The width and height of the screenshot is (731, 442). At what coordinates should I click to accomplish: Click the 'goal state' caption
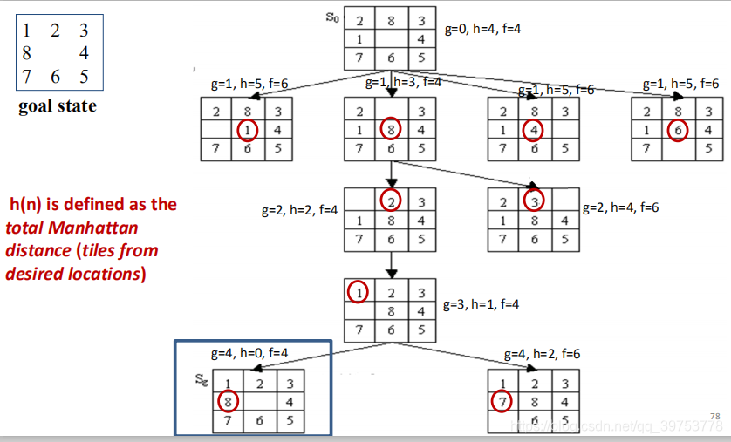tap(57, 107)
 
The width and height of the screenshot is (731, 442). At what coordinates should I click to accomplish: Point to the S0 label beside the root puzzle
tap(332, 17)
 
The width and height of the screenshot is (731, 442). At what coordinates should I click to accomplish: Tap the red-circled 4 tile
tap(534, 131)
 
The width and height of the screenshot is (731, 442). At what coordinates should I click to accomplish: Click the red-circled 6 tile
tap(677, 131)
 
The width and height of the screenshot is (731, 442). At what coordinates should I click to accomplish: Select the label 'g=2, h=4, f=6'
tap(620, 208)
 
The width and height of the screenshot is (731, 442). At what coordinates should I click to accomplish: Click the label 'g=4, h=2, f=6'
tap(542, 354)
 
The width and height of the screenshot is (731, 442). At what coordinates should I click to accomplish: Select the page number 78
tap(716, 417)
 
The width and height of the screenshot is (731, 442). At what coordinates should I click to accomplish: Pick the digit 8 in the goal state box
tap(26, 53)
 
